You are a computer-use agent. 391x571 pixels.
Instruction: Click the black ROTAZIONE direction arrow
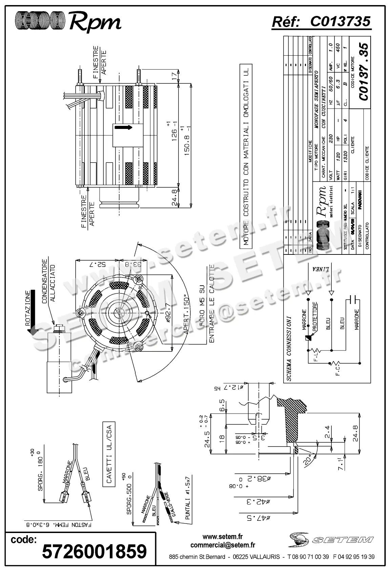coord(33,311)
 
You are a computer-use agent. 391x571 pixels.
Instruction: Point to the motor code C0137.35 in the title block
coord(363,72)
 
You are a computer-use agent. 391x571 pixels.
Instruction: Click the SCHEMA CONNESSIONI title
coord(289,349)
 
